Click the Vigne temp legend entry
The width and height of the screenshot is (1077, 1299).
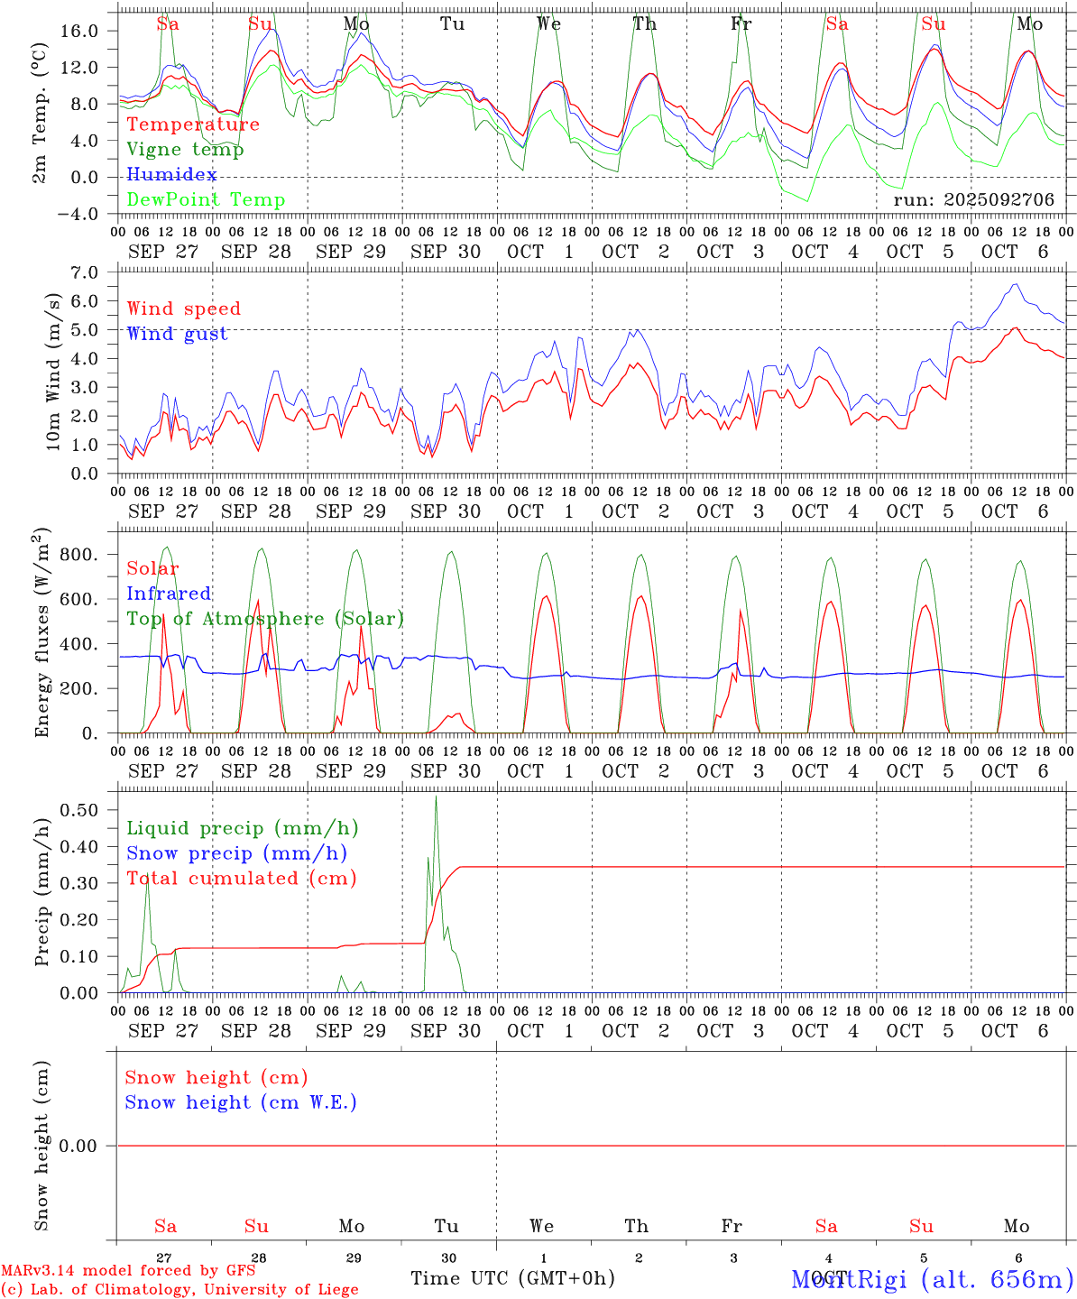point(185,150)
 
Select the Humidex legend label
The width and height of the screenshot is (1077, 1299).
point(171,175)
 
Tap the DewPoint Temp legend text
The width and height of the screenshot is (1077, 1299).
point(206,200)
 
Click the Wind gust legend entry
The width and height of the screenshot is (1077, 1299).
point(177,334)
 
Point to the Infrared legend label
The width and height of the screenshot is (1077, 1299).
point(169,594)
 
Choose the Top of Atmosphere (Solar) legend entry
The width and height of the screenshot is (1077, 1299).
point(264,619)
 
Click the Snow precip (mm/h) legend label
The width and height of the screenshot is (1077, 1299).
point(236,853)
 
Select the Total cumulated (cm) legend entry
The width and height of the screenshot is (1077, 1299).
point(241,879)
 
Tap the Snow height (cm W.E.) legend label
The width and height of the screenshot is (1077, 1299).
point(240,1102)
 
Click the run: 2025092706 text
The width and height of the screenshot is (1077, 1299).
point(973,200)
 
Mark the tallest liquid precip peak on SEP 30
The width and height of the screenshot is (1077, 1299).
point(436,797)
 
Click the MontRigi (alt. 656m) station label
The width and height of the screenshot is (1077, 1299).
point(933,1279)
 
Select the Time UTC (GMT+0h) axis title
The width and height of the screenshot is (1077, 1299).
point(512,1278)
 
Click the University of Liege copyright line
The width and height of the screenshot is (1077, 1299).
point(179,1289)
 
